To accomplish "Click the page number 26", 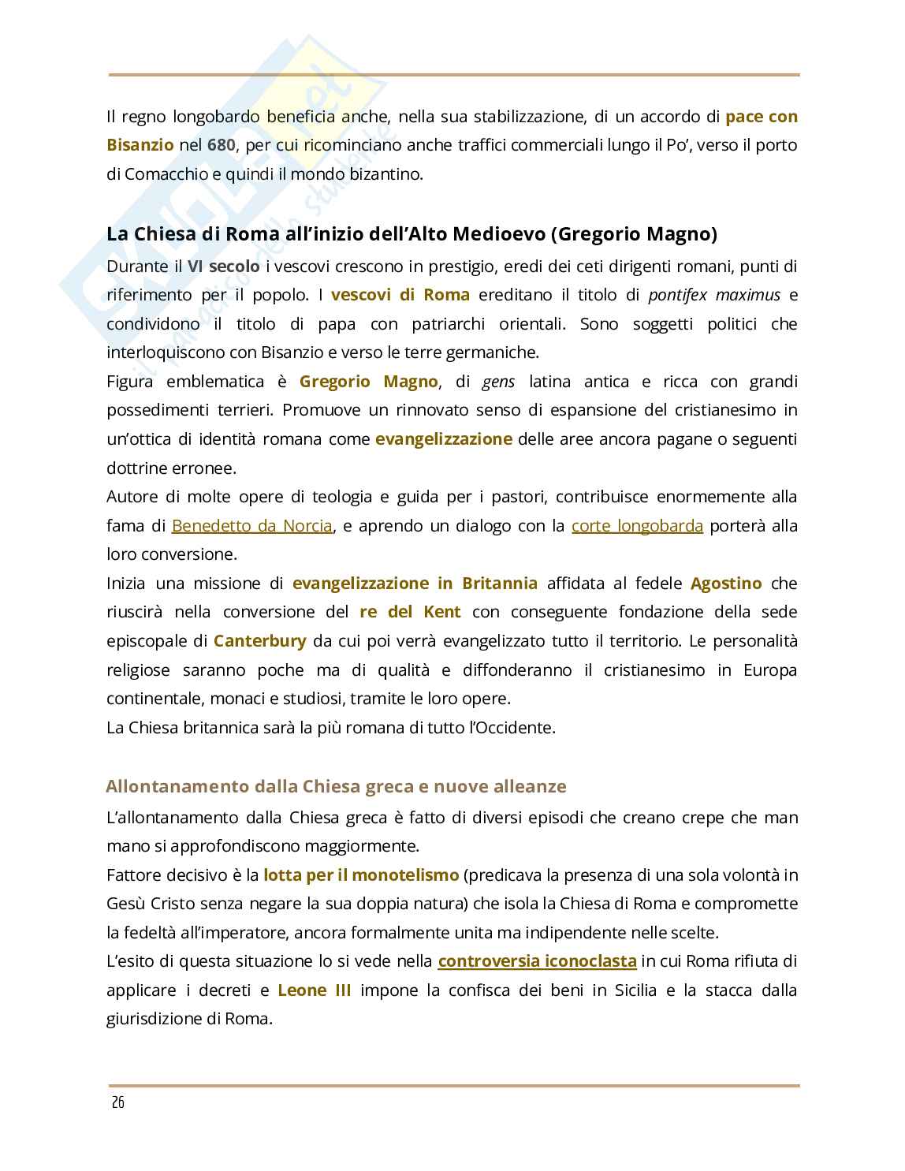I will click(117, 1102).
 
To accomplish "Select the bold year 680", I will click(222, 145).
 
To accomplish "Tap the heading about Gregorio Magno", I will click(412, 234).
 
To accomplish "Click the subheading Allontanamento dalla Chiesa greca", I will click(336, 786).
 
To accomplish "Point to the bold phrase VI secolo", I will click(223, 267).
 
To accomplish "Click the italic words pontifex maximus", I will click(714, 295).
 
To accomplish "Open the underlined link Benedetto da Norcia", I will click(251, 526).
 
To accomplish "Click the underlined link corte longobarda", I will click(637, 526).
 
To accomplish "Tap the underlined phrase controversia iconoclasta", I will click(537, 961).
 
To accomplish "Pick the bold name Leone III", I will click(315, 990).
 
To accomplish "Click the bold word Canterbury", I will click(259, 640).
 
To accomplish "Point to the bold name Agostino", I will click(726, 584).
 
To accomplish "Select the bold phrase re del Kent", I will click(410, 612).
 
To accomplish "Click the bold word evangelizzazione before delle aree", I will click(444, 439).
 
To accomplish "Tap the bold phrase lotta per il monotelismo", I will click(360, 875).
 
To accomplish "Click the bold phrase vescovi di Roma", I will click(400, 295).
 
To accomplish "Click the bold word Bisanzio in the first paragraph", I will click(140, 145).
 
